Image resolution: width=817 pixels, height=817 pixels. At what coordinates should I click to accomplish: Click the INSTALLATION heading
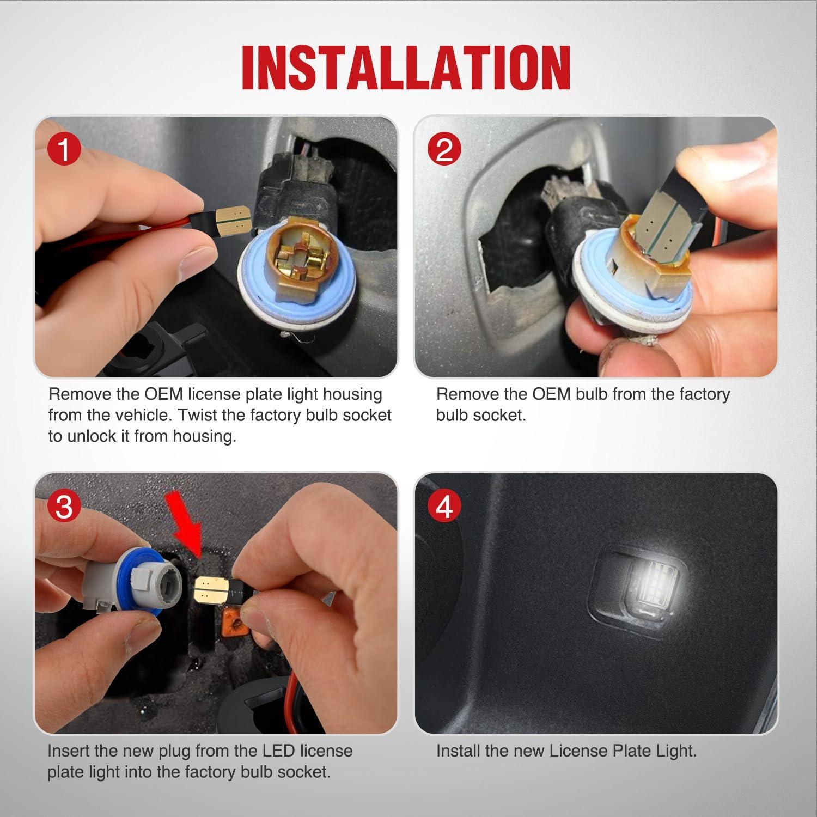pos(406,68)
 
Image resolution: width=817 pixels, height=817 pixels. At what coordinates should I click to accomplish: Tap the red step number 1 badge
pos(64,150)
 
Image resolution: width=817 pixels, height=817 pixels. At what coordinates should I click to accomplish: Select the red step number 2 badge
pos(444,150)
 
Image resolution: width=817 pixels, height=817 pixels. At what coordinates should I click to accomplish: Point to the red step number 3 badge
pos(64,507)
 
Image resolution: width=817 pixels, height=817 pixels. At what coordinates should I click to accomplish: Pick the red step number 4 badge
pos(444,507)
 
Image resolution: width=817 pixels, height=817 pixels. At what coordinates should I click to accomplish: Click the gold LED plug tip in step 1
pos(233,221)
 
